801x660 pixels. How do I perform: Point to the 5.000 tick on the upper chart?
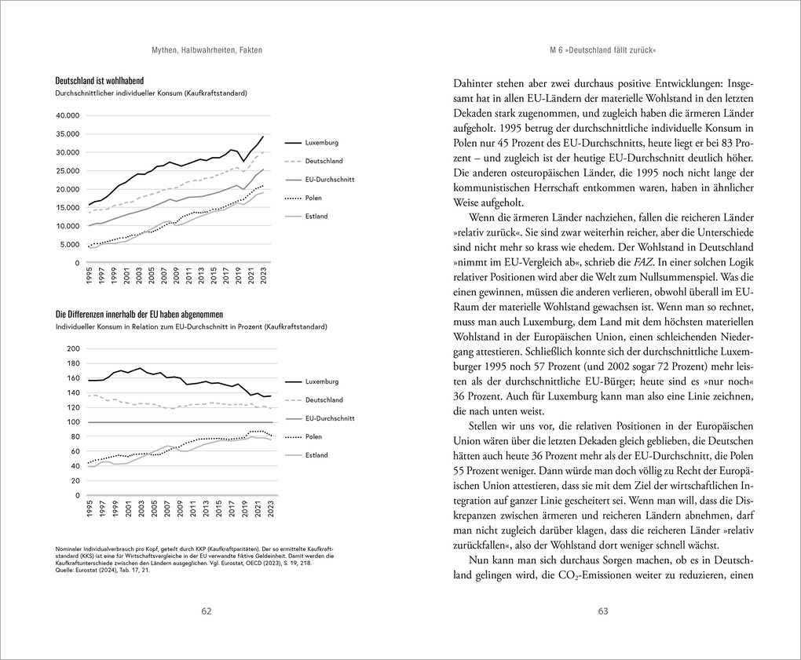69,244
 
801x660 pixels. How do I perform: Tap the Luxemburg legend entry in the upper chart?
322,143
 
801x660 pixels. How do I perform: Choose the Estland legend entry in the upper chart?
316,216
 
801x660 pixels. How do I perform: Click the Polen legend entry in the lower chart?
313,436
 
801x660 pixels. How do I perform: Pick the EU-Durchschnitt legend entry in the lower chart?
330,418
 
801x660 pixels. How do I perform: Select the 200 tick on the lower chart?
74,348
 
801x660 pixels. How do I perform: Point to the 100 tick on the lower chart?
74,422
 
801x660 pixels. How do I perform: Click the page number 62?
206,611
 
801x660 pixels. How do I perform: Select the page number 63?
603,611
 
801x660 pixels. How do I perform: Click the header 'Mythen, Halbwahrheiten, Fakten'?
207,50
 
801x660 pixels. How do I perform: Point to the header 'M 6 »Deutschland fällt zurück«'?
603,50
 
